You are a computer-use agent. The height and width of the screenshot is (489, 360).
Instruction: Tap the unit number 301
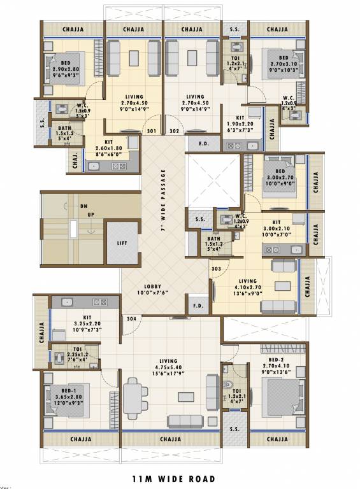coord(152,132)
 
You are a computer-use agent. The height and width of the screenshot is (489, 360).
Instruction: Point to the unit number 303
coord(216,269)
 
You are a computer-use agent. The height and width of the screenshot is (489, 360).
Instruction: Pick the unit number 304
coord(131,318)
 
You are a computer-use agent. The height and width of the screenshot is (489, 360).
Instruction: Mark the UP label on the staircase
coord(90,215)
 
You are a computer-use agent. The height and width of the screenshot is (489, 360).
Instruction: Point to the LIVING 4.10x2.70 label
coord(248,285)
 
